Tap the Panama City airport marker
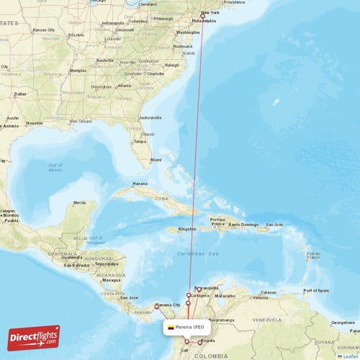[x=156, y=307]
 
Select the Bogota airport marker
[x=200, y=341]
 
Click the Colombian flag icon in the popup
[x=171, y=327]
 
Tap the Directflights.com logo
[x=34, y=337]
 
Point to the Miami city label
[x=156, y=159]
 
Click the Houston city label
[x=33, y=123]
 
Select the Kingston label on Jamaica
[x=187, y=229]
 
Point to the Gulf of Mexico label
[x=55, y=168]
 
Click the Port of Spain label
[x=317, y=290]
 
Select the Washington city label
[x=187, y=32]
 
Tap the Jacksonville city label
[x=150, y=117]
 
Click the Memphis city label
[x=77, y=71]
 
